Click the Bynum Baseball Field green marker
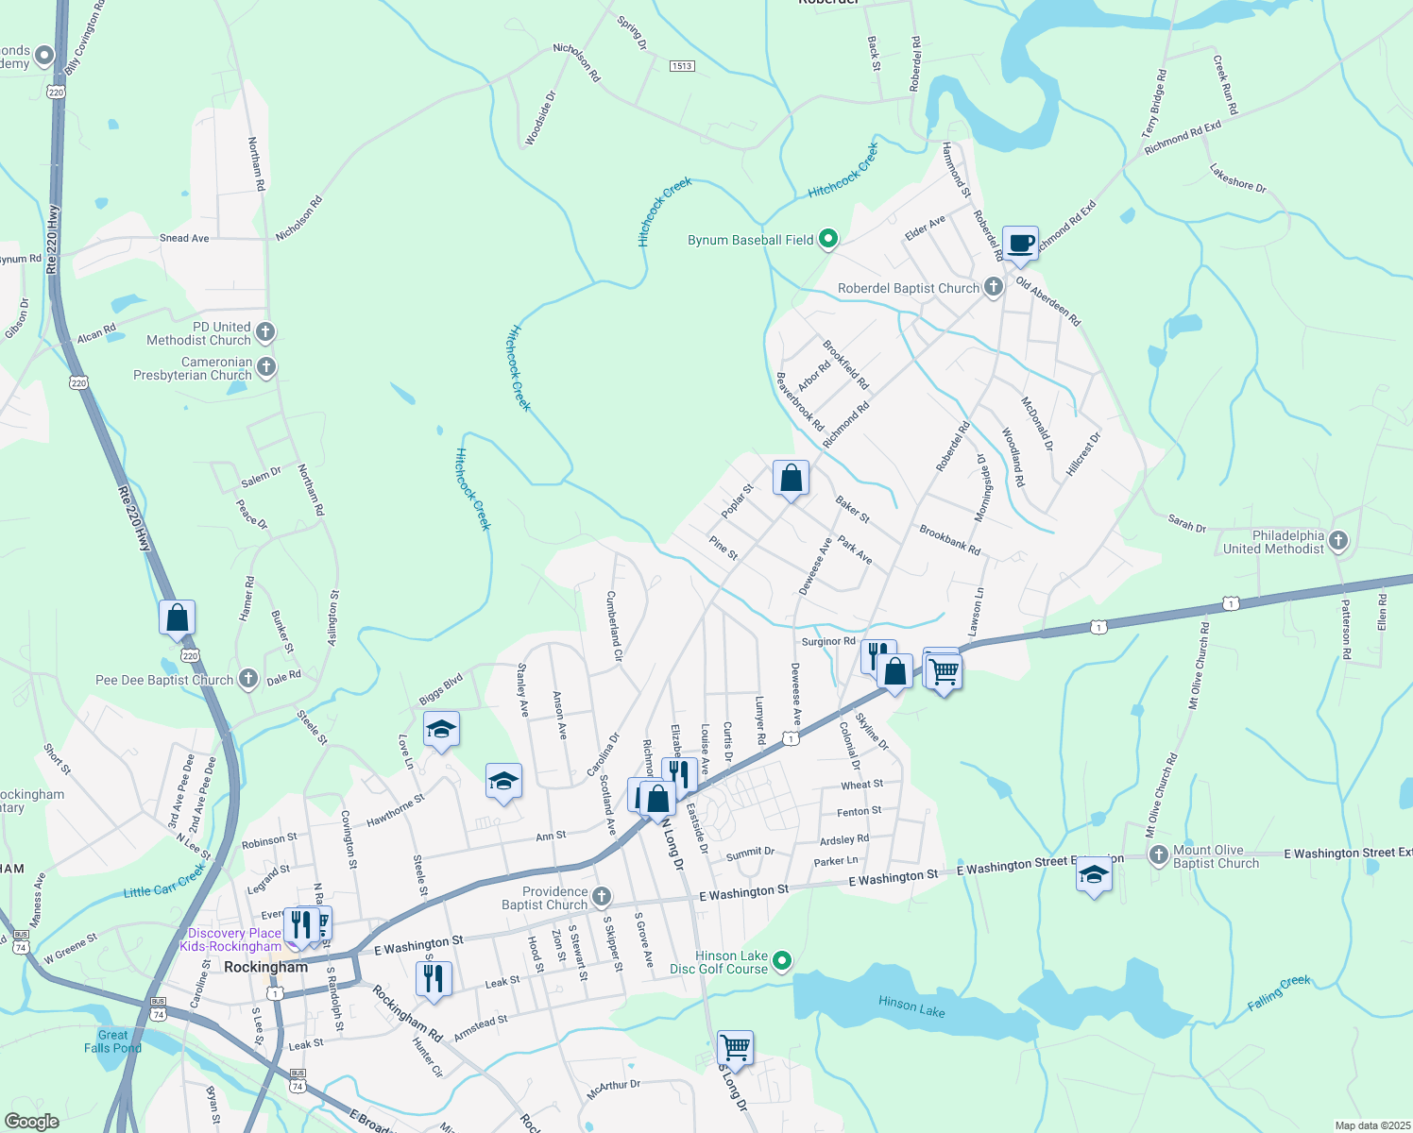[828, 240]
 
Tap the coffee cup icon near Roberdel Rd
[1020, 243]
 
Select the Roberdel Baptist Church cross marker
[993, 287]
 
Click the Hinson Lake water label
[911, 1006]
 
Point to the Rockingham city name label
[266, 967]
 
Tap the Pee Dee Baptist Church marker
[247, 679]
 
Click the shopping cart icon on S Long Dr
[735, 1047]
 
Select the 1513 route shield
[682, 66]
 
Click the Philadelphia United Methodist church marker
[1337, 541]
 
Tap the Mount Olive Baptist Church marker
[1159, 855]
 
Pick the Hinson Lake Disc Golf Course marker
[781, 961]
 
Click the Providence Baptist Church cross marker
[601, 896]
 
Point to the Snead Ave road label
[184, 238]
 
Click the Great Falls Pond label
[112, 1041]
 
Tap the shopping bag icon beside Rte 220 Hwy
[178, 618]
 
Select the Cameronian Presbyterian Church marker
[266, 367]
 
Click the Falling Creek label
[1279, 993]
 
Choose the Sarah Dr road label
[1187, 524]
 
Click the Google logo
[32, 1121]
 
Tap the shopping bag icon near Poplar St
[791, 479]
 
